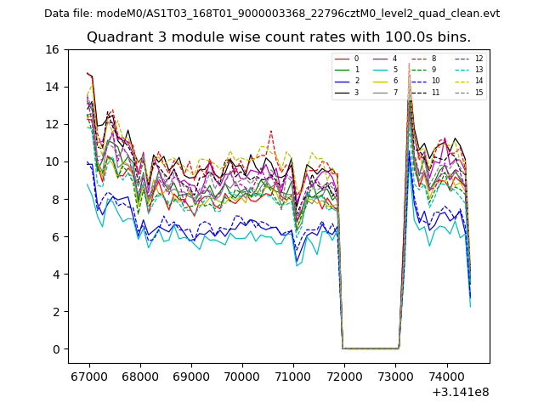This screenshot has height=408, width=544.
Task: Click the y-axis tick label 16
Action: point(52,49)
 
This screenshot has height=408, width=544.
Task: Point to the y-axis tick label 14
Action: point(52,87)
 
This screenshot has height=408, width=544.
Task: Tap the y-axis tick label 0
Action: point(55,348)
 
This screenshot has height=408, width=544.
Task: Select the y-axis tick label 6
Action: point(55,236)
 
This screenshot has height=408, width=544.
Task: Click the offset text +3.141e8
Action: point(461,392)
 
